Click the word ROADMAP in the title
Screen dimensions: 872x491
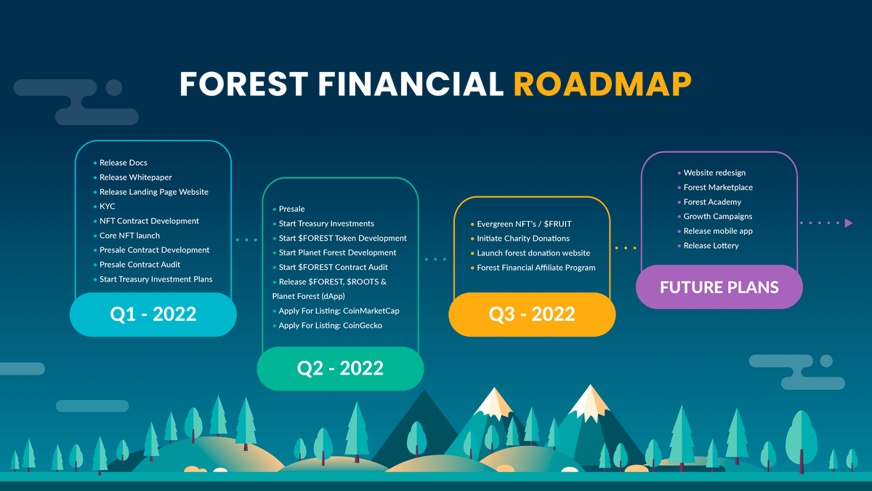coord(602,84)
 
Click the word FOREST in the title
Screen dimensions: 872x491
coord(244,84)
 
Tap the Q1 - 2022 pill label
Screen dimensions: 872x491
coord(153,314)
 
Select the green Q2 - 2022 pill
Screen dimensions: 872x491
coord(340,368)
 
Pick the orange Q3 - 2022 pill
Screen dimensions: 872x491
coord(532,314)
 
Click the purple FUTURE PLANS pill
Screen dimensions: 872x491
coord(719,287)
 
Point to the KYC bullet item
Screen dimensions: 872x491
coord(107,207)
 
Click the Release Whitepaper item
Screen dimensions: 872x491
coord(135,177)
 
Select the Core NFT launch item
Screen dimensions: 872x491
coord(129,236)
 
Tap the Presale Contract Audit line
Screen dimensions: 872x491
coord(140,265)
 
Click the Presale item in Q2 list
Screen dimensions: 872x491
coord(291,209)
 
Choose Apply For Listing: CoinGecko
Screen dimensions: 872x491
coord(331,325)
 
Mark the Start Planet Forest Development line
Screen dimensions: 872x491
coord(337,252)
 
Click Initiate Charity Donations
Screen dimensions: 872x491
coord(523,239)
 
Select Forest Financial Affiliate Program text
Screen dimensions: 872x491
coord(536,268)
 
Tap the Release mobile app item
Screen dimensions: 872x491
coord(718,231)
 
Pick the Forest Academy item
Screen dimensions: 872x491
coord(712,202)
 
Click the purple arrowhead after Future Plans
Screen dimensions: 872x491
coord(849,223)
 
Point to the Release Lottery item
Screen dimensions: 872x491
coord(711,246)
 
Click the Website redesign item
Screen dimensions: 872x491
coord(715,172)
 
